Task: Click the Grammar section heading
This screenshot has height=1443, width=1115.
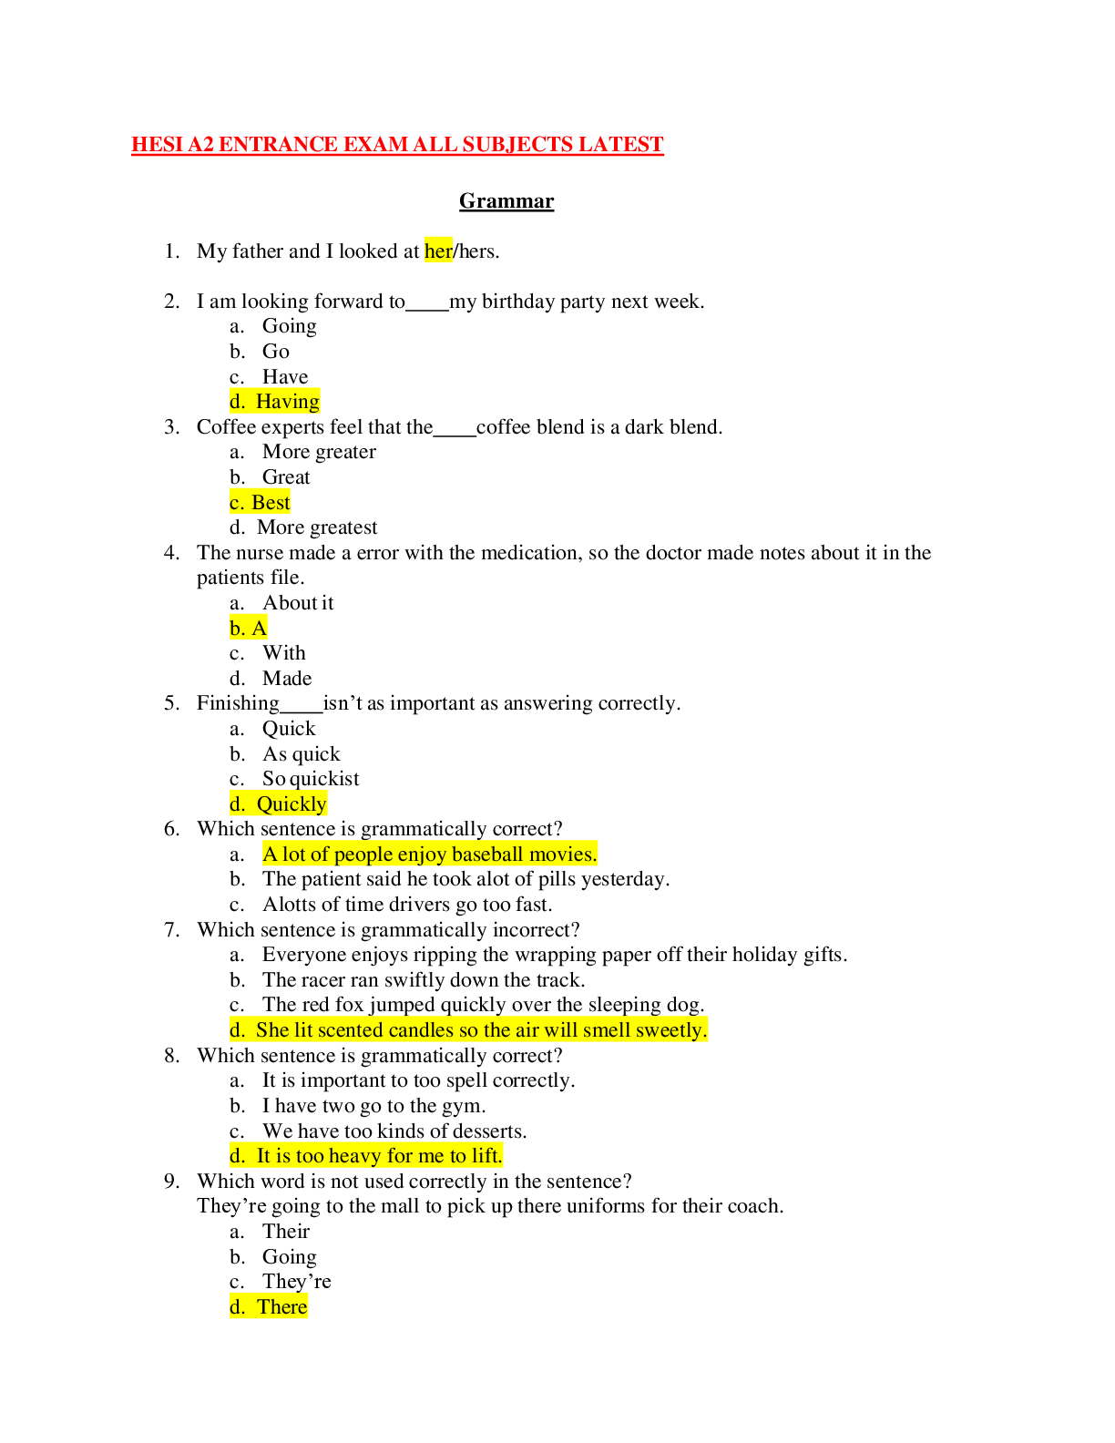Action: tap(506, 201)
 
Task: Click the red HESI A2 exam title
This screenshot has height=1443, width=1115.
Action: tap(397, 145)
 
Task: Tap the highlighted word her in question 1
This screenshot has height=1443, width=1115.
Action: tap(438, 251)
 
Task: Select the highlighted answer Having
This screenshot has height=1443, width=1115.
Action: tap(288, 401)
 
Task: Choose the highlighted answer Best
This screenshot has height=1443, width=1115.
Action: tap(271, 502)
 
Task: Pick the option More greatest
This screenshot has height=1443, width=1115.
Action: tap(317, 527)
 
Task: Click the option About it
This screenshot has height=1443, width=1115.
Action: tap(298, 603)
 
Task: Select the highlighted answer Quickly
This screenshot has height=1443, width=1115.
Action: tap(292, 804)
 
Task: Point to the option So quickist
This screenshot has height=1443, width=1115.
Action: tap(311, 778)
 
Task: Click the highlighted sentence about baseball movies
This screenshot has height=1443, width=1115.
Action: tap(430, 854)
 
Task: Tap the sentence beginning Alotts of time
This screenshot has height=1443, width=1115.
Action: tap(407, 905)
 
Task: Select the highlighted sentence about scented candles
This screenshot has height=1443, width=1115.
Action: tap(482, 1030)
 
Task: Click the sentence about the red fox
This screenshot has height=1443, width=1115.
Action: tap(484, 1005)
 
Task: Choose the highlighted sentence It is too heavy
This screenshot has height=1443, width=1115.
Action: tap(379, 1155)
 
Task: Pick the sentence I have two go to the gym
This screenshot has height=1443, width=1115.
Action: tap(373, 1106)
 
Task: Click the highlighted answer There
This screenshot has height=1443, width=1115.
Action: tap(282, 1307)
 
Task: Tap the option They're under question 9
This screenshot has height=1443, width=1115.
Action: tap(296, 1281)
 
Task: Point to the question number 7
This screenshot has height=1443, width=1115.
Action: tap(172, 930)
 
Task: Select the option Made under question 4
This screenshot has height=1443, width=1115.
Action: tap(287, 678)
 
